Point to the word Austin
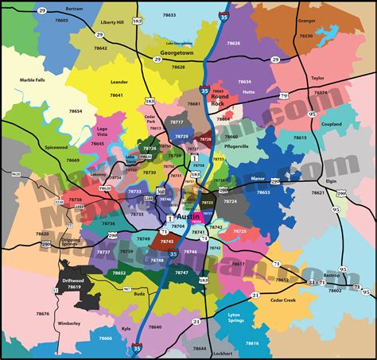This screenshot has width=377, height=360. coord(186,216)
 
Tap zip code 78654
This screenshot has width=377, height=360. coord(75,112)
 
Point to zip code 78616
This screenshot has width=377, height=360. coord(252,343)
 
